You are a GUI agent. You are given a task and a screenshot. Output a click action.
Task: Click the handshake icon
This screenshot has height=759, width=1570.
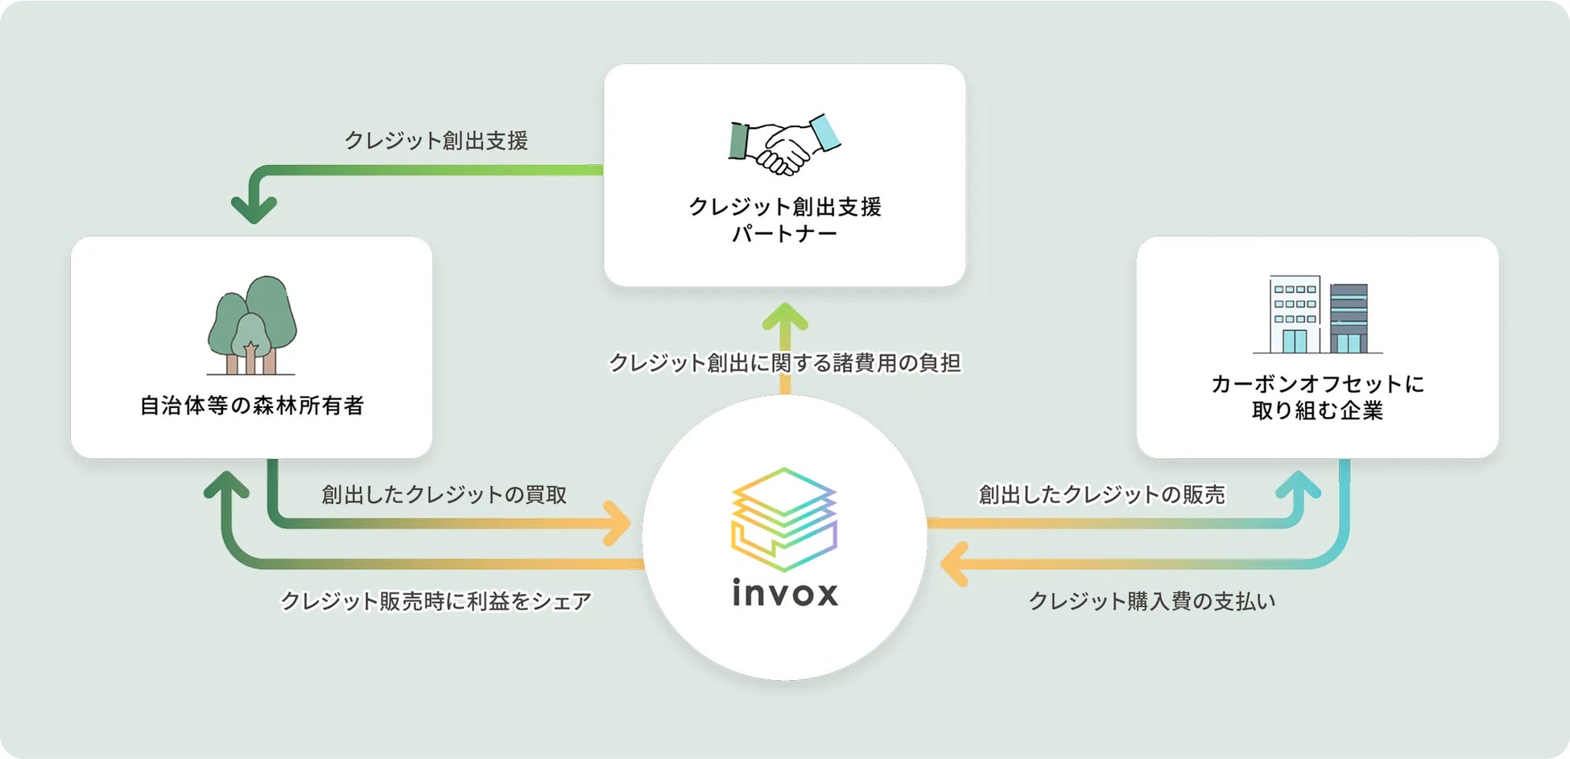point(784,144)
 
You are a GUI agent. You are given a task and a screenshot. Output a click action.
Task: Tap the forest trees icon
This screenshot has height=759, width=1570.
point(252,325)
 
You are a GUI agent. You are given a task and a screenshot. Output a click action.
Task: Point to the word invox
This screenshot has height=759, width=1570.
point(785,593)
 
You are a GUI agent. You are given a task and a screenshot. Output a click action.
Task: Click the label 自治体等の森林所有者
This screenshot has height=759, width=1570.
point(252,405)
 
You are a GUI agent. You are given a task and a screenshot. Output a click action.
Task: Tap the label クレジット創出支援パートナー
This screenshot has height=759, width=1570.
point(785,220)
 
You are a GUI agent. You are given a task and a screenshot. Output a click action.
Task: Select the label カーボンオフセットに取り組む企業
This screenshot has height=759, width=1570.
point(1317,397)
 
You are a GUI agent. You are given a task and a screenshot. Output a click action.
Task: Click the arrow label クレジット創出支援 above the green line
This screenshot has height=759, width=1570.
point(436,141)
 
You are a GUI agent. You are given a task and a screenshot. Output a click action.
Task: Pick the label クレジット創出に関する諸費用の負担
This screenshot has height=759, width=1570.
point(785,363)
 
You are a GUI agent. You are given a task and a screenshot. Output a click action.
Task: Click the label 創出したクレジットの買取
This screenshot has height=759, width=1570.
point(444,494)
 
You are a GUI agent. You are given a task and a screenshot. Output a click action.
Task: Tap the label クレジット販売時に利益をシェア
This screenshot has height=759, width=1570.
point(436,601)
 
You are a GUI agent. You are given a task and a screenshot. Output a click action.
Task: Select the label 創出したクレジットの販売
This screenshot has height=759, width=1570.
point(1101,494)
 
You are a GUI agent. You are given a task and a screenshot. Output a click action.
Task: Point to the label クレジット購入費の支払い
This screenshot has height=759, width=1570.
point(1152,601)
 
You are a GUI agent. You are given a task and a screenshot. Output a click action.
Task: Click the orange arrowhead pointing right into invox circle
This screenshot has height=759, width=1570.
point(618,522)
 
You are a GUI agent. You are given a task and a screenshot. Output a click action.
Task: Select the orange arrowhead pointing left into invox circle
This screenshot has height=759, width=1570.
point(954,563)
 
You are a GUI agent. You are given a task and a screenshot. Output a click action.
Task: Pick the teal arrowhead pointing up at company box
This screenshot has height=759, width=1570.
point(1298,485)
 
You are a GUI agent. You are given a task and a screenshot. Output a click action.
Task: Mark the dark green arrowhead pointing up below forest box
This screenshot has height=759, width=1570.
point(226,485)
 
